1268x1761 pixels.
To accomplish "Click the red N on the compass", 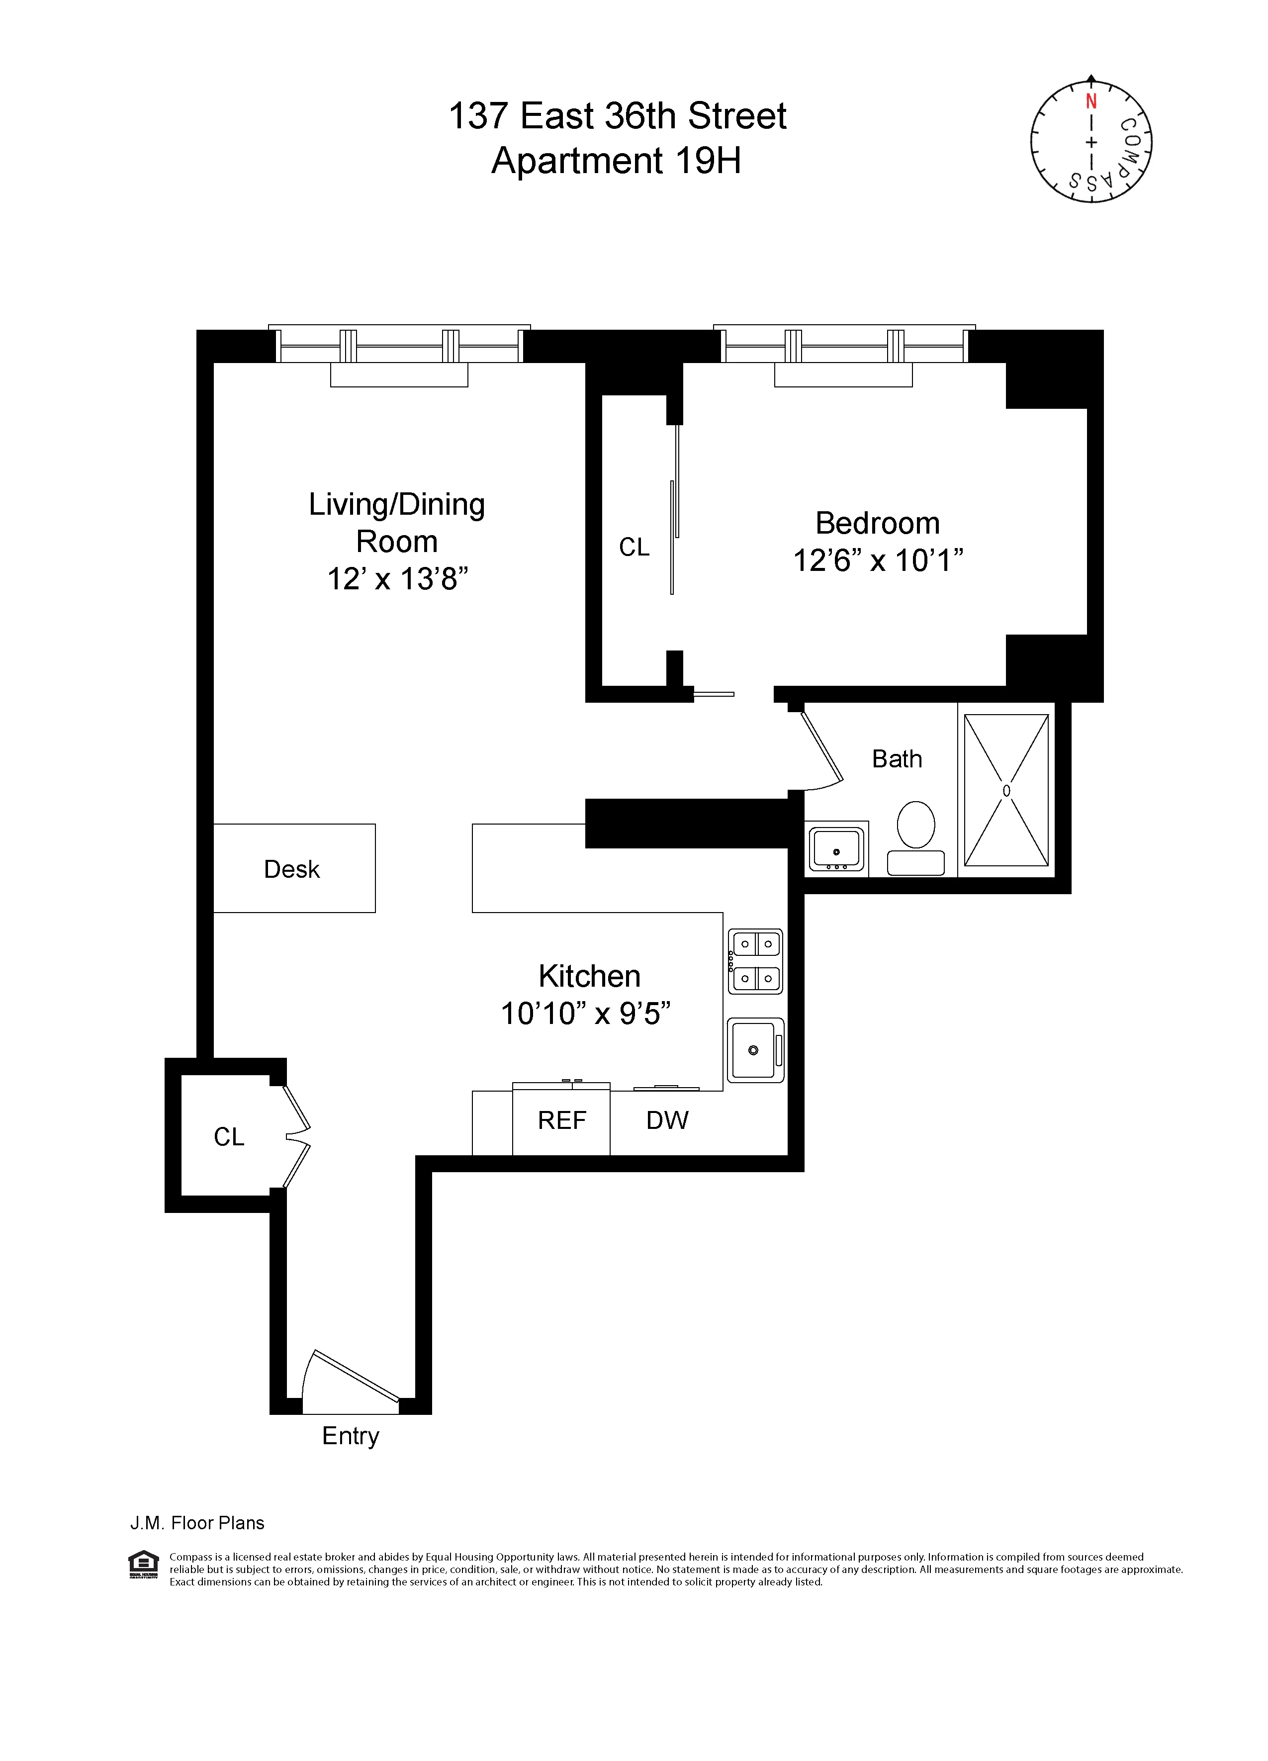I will [x=1091, y=102].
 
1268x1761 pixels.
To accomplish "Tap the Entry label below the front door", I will [x=350, y=1436].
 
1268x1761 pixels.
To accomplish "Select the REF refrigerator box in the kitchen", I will [x=561, y=1120].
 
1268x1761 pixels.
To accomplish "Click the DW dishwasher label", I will [x=667, y=1120].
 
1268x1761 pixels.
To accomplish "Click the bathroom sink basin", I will [x=836, y=848].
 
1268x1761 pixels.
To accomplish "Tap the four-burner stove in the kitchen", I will [x=755, y=961].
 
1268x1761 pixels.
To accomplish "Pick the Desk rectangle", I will [x=293, y=868].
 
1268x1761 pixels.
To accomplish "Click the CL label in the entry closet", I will [x=229, y=1137].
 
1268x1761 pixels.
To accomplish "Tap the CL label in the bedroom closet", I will [x=634, y=548].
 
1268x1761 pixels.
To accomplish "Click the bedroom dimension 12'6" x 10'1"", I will [x=878, y=560].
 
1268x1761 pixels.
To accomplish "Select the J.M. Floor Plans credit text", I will [x=197, y=1523].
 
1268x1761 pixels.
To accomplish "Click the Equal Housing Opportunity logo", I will [x=143, y=1564].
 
